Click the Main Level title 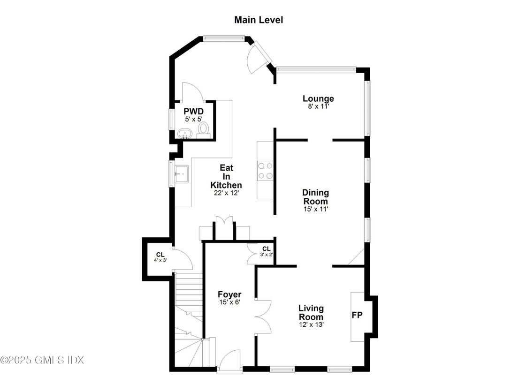tap(259, 20)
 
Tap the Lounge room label tap(318, 98)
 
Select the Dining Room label tap(315, 197)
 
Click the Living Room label tap(311, 312)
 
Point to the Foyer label tap(229, 294)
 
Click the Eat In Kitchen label tap(226, 176)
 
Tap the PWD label tap(192, 112)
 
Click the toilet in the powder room tap(204, 128)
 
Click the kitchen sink tap(182, 173)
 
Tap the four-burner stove tap(265, 170)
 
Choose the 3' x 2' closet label tap(266, 251)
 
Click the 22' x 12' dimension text tap(226, 193)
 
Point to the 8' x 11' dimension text tap(318, 106)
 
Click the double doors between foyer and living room tap(262, 317)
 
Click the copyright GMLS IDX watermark tap(42, 360)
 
